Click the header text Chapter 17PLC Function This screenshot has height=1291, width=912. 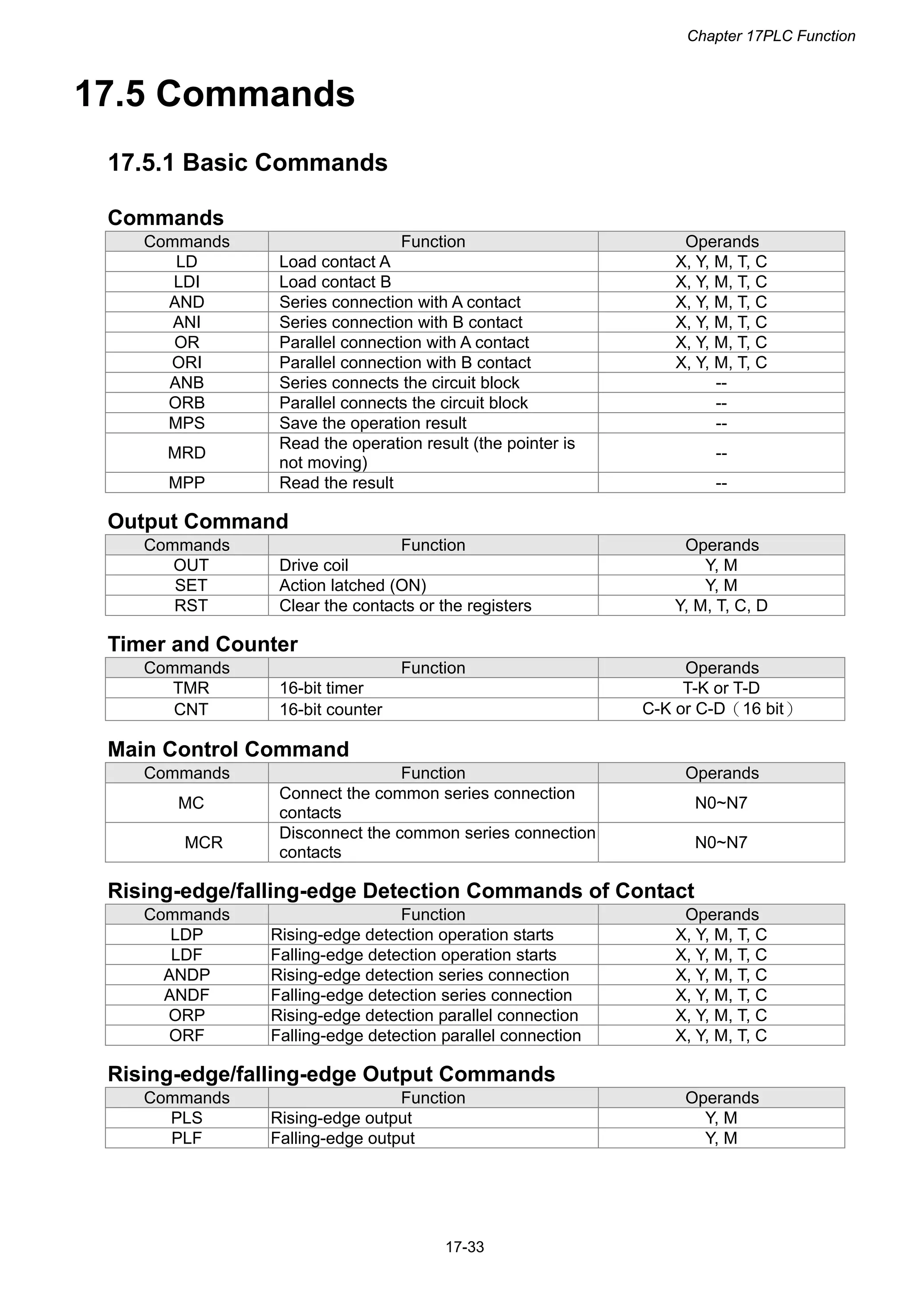click(x=770, y=36)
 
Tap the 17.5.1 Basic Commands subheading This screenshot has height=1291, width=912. click(x=247, y=163)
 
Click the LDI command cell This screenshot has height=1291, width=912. click(x=187, y=282)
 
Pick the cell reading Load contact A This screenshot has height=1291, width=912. click(x=334, y=262)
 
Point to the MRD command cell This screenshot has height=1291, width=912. click(x=187, y=453)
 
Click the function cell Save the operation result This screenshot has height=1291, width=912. click(x=373, y=423)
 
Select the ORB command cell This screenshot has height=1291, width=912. click(x=187, y=402)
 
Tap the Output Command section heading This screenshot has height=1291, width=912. click(x=198, y=521)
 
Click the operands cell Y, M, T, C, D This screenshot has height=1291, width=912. click(x=721, y=606)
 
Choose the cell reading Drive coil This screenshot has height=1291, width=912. click(x=313, y=565)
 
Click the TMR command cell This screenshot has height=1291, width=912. click(x=191, y=688)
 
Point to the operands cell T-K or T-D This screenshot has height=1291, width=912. click(x=721, y=688)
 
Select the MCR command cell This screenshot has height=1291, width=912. click(x=204, y=842)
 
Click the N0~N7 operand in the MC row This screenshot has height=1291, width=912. click(x=721, y=803)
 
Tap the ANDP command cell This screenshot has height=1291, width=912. click(x=187, y=975)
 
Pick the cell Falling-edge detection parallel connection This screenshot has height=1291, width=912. click(x=425, y=1035)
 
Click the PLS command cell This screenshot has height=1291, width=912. click(x=187, y=1118)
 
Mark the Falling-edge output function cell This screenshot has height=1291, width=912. click(x=342, y=1138)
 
